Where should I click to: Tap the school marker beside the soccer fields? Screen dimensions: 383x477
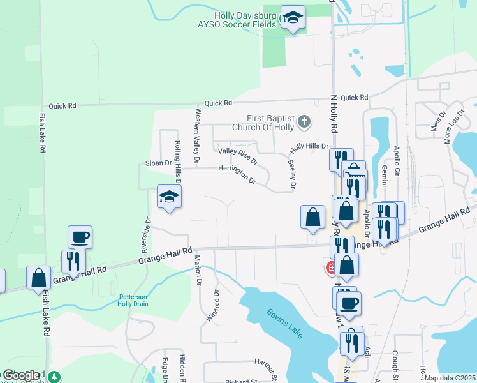(x=293, y=19)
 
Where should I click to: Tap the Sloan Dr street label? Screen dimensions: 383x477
(x=159, y=163)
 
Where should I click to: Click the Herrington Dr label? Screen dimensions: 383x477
(x=237, y=172)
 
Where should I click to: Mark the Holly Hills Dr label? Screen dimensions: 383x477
(x=309, y=147)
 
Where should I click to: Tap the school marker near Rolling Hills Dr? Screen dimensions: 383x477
(x=170, y=197)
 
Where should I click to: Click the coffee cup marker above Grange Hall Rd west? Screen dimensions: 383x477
(x=80, y=237)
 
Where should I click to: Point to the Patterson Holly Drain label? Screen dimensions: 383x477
(x=133, y=300)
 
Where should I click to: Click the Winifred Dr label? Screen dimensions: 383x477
(x=212, y=306)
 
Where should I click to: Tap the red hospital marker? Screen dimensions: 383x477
(x=330, y=268)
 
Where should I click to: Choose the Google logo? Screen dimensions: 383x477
(x=20, y=375)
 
